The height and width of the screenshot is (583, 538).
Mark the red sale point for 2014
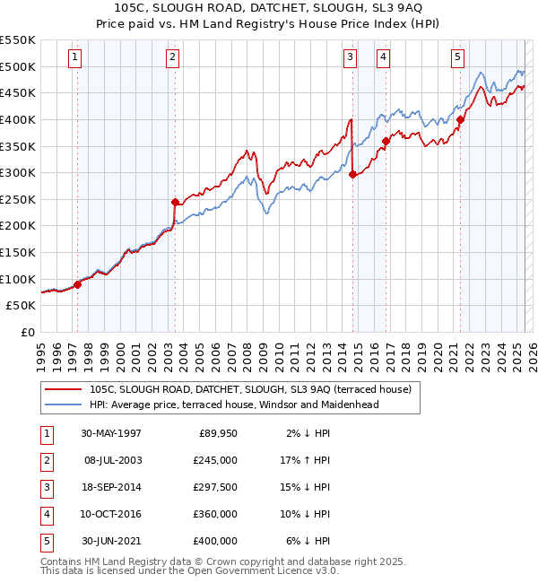pos(352,175)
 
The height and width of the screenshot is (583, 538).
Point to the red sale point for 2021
pos(460,119)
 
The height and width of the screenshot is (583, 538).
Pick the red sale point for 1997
pos(78,284)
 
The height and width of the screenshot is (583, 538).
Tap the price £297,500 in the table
pos(215,487)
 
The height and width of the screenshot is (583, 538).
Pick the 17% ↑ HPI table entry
pos(305,460)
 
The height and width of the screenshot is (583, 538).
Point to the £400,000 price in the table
pos(215,541)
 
